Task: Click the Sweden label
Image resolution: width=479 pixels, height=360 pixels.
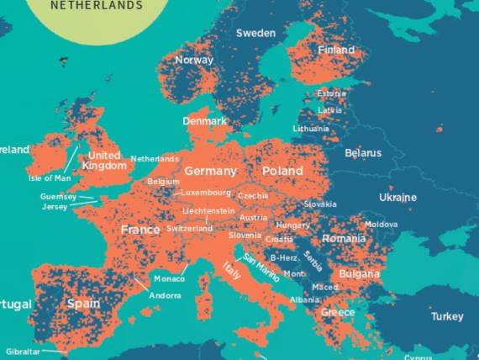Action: [x=255, y=33]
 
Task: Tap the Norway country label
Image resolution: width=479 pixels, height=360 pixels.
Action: [x=194, y=60]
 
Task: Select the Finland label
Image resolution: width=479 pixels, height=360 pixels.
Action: [x=336, y=50]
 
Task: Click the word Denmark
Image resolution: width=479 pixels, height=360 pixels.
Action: [x=205, y=121]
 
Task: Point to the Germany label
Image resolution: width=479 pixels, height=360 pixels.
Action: [x=211, y=171]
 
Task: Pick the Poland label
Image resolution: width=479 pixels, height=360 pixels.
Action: [x=282, y=171]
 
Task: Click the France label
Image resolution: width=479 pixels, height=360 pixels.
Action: [x=140, y=230]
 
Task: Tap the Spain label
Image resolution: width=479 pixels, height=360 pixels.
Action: [x=83, y=303]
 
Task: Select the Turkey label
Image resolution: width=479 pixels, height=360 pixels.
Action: [x=446, y=316]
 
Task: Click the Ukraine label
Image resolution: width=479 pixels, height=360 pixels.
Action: [x=397, y=198]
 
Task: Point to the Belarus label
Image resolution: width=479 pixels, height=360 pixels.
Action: [x=363, y=153]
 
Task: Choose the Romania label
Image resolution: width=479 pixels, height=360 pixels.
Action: [x=344, y=239]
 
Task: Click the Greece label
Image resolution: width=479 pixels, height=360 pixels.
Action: [x=337, y=312]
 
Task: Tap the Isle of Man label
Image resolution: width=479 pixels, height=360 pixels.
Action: [x=50, y=178]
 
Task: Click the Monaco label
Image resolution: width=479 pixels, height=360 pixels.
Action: [x=169, y=278]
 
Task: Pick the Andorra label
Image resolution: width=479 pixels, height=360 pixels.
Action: [x=165, y=295]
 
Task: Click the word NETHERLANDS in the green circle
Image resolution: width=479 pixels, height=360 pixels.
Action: [x=97, y=5]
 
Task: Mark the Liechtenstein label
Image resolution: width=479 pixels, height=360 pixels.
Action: [x=209, y=210]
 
